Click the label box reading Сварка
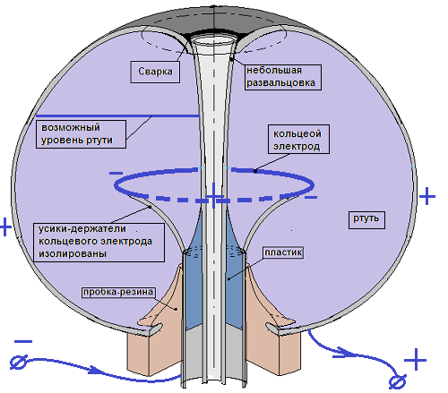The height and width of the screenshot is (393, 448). click(155, 72)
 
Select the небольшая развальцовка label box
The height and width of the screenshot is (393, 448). click(283, 77)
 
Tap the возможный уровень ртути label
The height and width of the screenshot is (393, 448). click(81, 134)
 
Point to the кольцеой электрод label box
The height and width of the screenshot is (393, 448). click(298, 140)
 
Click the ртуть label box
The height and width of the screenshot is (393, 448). click(366, 220)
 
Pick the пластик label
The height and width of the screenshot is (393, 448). click(283, 252)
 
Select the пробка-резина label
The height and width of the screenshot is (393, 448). click(118, 292)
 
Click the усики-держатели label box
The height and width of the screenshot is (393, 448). click(99, 243)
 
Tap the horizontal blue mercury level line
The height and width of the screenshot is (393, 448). click(117, 115)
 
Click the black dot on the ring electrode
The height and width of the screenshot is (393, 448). click(255, 171)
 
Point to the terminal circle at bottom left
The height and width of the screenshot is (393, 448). click(19, 362)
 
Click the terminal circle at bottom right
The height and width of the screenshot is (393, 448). click(398, 381)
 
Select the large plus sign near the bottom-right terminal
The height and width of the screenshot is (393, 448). click(415, 360)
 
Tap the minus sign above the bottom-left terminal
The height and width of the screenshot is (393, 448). click(23, 341)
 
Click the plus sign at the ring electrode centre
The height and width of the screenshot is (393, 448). click(213, 196)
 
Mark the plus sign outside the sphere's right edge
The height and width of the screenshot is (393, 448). click(427, 196)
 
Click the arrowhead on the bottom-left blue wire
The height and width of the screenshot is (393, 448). click(96, 371)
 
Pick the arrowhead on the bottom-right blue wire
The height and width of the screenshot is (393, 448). click(344, 353)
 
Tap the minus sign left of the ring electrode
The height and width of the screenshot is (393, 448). click(116, 173)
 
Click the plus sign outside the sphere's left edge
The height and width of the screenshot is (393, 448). click(5, 226)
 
